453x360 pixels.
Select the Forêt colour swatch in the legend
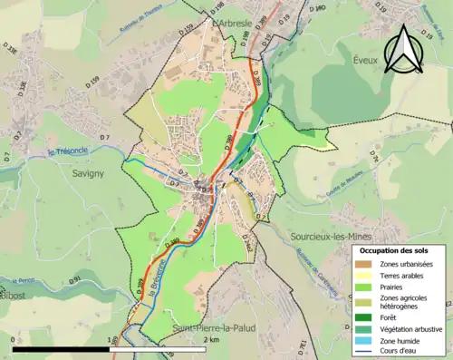click(x=365, y=316)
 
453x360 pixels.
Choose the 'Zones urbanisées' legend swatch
click(x=365, y=264)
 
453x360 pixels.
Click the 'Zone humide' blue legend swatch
click(x=365, y=340)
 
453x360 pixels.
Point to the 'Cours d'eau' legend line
click(x=365, y=350)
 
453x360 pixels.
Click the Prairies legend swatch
click(x=365, y=286)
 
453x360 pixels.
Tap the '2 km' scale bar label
click(x=211, y=339)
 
